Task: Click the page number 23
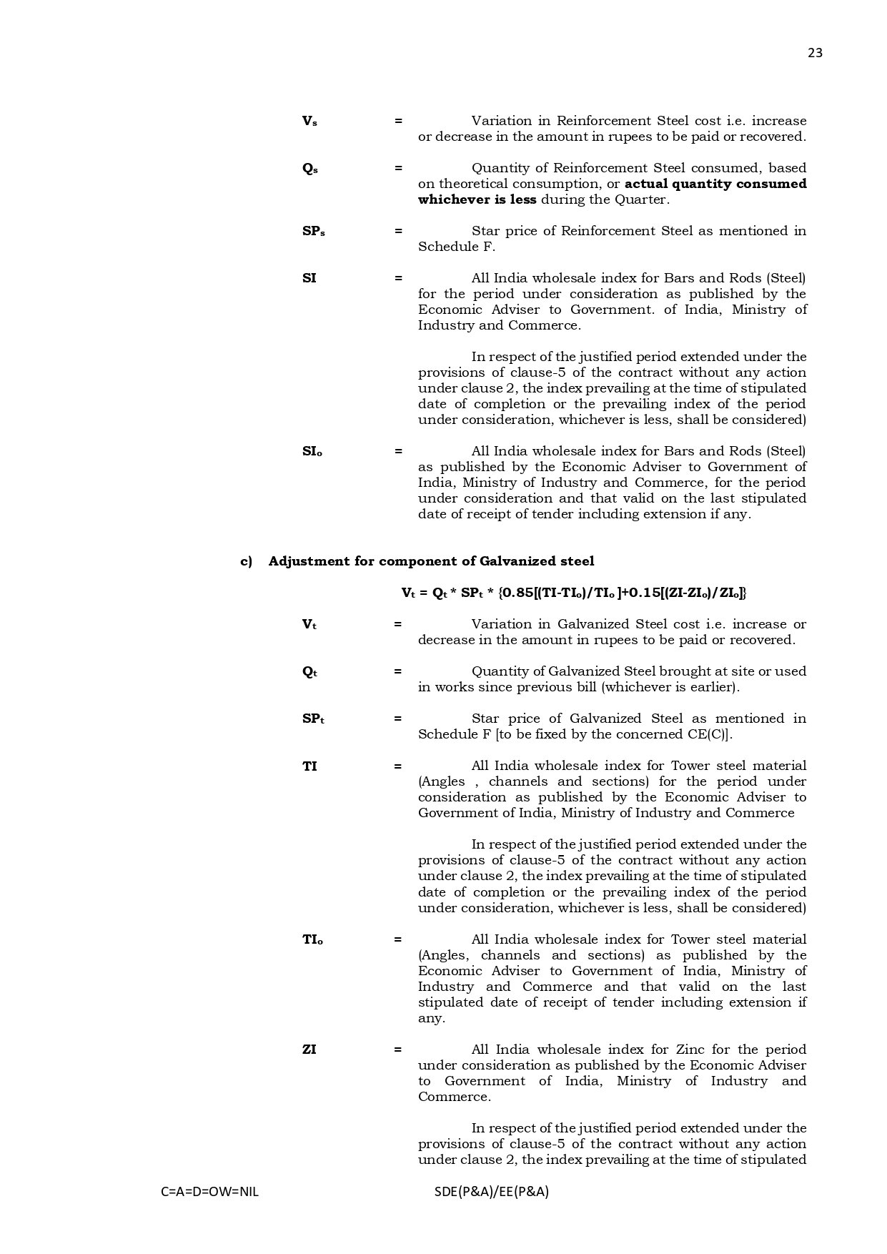coord(815,53)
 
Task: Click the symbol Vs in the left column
coord(309,122)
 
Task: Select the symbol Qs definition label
coord(309,169)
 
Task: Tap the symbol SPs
coord(313,232)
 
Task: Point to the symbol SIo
coord(312,452)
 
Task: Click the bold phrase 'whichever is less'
coord(477,200)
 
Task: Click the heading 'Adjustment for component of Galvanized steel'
coord(431,561)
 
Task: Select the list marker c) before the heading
coord(246,561)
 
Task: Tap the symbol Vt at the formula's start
coord(408,593)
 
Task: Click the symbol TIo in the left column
coord(312,940)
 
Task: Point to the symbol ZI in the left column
coord(309,1050)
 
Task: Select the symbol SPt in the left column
coord(313,719)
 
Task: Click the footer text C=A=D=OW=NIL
coord(209,1192)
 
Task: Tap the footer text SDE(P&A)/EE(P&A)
coord(491,1192)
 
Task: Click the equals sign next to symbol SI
coord(398,279)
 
